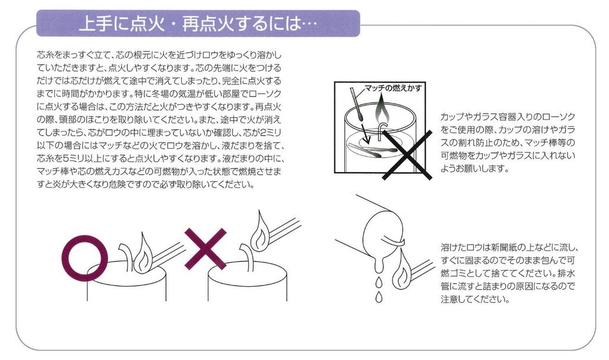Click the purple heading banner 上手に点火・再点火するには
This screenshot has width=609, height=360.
point(198,23)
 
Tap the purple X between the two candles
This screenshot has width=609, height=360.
point(205,249)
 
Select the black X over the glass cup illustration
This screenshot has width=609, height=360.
point(407,155)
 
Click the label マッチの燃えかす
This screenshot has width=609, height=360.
point(393,88)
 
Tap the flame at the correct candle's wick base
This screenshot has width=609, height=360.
point(143,253)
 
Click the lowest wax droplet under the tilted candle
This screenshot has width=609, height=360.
point(379,297)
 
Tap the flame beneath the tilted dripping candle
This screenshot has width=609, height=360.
point(401,271)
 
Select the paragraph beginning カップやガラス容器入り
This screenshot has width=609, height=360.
point(508,143)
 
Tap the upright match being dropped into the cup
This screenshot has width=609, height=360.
point(357,103)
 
